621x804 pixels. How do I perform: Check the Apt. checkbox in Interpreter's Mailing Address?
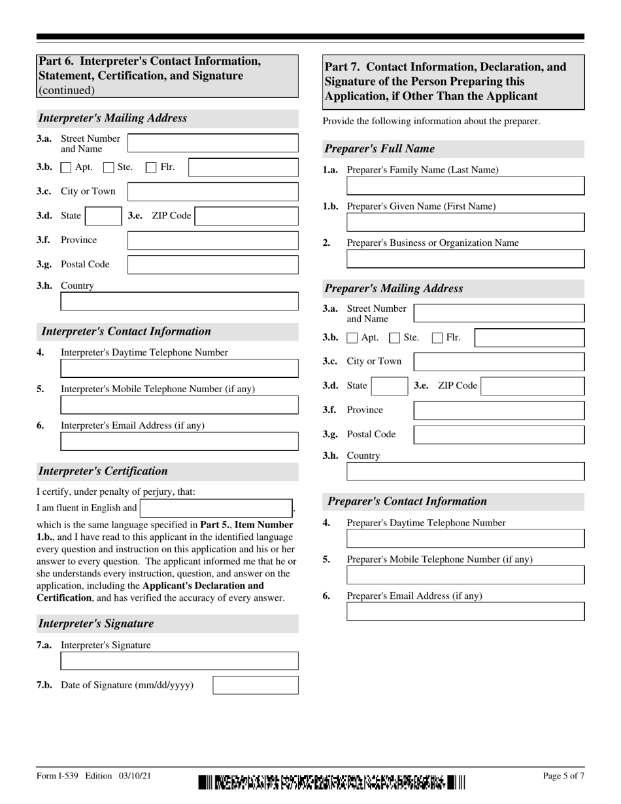click(66, 167)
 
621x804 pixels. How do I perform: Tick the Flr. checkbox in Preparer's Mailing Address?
click(437, 338)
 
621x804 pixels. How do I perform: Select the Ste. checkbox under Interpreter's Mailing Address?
click(109, 167)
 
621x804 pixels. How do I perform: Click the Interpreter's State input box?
click(102, 216)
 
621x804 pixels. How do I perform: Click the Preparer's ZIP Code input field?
click(532, 386)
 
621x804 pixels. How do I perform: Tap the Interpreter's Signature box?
click(179, 661)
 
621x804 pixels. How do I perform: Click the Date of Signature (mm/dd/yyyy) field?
click(256, 685)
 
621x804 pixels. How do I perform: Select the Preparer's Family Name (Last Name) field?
click(465, 186)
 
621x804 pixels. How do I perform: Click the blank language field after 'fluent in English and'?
click(216, 508)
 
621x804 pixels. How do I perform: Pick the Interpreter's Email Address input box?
click(179, 441)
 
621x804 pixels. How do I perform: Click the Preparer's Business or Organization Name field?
click(465, 259)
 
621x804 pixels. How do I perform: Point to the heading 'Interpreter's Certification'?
click(103, 471)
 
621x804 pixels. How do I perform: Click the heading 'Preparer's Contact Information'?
click(407, 501)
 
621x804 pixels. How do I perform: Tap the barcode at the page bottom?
click(332, 782)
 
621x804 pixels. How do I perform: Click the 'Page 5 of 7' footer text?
click(563, 776)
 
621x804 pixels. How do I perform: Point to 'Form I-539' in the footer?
click(58, 776)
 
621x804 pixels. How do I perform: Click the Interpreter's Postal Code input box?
click(212, 265)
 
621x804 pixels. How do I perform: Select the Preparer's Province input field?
click(499, 410)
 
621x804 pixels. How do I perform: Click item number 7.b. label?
click(44, 685)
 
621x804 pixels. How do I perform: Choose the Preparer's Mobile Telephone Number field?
click(465, 575)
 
